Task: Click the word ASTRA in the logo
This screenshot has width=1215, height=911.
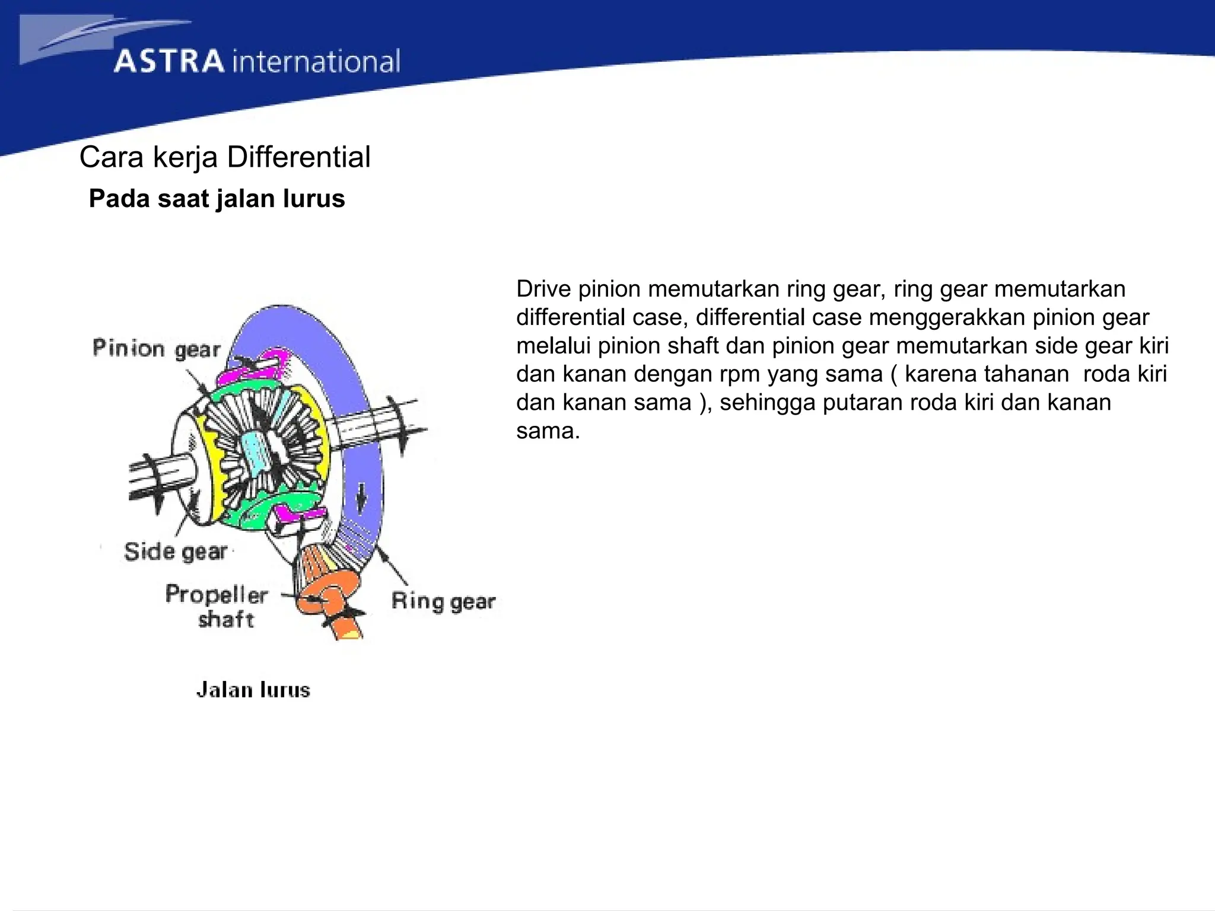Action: point(169,62)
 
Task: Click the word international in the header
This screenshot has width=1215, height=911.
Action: point(316,62)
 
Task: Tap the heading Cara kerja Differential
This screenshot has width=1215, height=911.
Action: point(225,157)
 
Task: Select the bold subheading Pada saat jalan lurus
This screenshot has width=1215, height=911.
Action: point(217,199)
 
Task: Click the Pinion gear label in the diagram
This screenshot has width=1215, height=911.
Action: point(157,348)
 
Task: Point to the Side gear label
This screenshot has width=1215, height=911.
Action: point(176,552)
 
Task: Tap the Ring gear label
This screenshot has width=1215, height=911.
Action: point(443,601)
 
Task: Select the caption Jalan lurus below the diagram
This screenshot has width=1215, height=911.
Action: point(253,690)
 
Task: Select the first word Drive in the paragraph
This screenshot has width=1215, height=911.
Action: point(543,289)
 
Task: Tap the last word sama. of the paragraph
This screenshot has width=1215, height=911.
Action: point(548,431)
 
